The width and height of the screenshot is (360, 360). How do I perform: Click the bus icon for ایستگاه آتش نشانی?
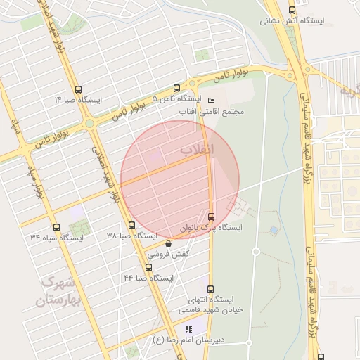[292, 9]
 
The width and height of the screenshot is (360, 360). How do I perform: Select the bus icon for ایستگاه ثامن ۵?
[176, 89]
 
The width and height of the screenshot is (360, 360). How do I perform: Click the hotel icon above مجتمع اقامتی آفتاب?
[212, 101]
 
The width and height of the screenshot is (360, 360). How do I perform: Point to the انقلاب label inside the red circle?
[197, 150]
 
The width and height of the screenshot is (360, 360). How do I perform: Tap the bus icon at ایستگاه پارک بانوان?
[212, 216]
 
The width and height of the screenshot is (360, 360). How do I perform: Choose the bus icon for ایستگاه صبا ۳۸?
[131, 225]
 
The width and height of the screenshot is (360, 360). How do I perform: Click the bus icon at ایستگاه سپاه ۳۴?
[56, 227]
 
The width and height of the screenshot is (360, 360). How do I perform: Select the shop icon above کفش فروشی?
[168, 243]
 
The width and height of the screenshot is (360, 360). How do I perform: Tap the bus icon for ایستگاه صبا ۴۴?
[148, 267]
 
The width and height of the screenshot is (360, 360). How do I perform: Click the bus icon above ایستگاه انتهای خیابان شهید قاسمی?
[210, 288]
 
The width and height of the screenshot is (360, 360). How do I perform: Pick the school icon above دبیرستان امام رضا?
[188, 329]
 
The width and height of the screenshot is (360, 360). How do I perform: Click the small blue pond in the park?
[274, 230]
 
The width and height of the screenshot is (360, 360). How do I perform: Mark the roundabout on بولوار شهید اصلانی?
[89, 124]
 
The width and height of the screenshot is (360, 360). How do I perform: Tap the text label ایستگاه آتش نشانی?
[292, 20]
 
